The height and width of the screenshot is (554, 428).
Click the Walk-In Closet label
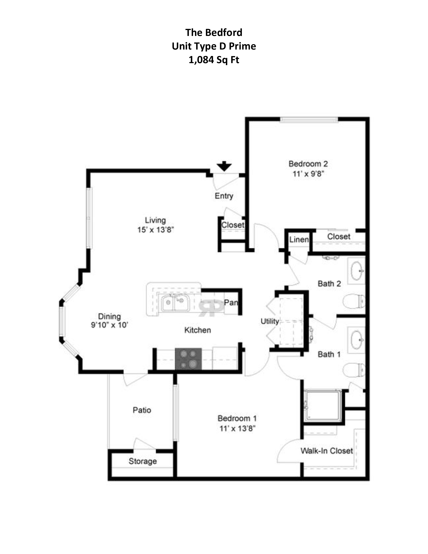click(x=327, y=451)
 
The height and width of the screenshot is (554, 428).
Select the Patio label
click(x=142, y=410)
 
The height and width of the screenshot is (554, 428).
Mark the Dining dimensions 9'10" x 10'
click(x=110, y=325)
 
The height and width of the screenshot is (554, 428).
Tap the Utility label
click(x=270, y=321)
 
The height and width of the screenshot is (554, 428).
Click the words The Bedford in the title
click(x=214, y=32)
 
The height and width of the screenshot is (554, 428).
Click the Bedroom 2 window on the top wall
click(x=309, y=120)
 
